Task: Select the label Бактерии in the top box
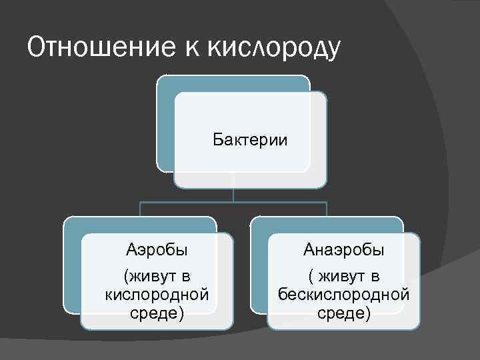point(250,140)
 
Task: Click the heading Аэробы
point(157,251)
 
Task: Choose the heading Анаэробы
point(343,251)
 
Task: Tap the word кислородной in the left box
point(157,294)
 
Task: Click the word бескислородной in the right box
point(343,294)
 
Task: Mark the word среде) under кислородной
point(157,312)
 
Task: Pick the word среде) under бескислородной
point(343,312)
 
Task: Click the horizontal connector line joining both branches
point(233,202)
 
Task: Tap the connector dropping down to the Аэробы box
point(140,209)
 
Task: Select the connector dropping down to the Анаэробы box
point(327,209)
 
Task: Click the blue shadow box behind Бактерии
point(165,127)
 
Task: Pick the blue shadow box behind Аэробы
point(72,267)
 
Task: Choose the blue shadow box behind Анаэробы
point(259,267)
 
